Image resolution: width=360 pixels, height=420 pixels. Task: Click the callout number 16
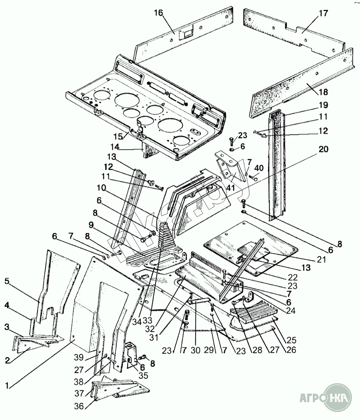(x=158, y=13)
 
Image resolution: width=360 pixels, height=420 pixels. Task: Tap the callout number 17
(x=323, y=13)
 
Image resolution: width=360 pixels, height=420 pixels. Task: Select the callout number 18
(x=323, y=92)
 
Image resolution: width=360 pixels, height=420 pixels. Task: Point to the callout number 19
(x=323, y=105)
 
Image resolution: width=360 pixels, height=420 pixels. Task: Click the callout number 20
(x=323, y=149)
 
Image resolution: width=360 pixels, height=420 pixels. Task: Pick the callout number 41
(x=230, y=188)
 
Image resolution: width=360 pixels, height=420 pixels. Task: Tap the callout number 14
(x=116, y=147)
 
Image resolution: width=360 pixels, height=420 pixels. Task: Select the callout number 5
(x=7, y=281)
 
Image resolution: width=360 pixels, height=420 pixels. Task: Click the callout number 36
(x=79, y=406)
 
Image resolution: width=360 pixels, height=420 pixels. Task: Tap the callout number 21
(x=321, y=259)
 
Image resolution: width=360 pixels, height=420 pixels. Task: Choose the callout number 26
(x=292, y=350)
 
